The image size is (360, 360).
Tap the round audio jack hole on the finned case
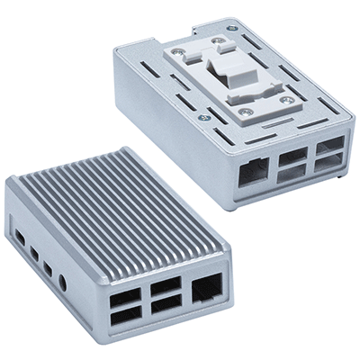pos(63,284)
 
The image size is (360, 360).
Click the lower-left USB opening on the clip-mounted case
pos(290,174)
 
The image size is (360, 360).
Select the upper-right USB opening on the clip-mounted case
pos(326,147)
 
